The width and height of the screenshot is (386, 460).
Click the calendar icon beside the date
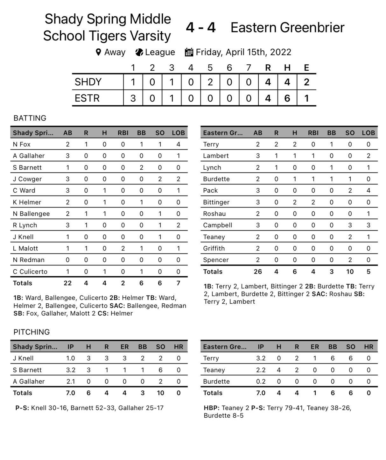coord(189,52)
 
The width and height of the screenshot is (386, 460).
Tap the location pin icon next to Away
coord(99,52)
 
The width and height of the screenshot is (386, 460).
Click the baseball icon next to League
coord(139,52)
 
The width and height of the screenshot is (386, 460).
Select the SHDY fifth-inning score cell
coord(210,82)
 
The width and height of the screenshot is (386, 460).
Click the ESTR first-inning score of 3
coord(133,98)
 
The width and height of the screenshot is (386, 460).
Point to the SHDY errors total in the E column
coord(306,82)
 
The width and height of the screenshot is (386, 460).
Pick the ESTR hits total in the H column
coord(287,98)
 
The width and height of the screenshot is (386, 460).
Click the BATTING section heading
coord(30,118)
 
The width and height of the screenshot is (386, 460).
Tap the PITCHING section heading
coord(32,332)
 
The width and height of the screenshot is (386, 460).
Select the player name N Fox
coord(22,144)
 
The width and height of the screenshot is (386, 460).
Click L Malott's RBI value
coord(123,248)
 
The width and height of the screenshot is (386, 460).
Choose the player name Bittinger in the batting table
coord(216,202)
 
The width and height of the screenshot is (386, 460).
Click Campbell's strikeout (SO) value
coord(350,225)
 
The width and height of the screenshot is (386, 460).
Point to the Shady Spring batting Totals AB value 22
coord(67,283)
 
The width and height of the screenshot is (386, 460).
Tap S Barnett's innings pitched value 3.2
coord(70,370)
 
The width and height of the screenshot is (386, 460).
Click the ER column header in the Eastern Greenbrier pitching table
coord(314,347)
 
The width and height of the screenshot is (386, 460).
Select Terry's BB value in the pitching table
coord(333,358)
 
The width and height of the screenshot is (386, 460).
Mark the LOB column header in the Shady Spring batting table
coord(178,133)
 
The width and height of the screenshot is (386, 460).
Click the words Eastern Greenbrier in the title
coord(287,28)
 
